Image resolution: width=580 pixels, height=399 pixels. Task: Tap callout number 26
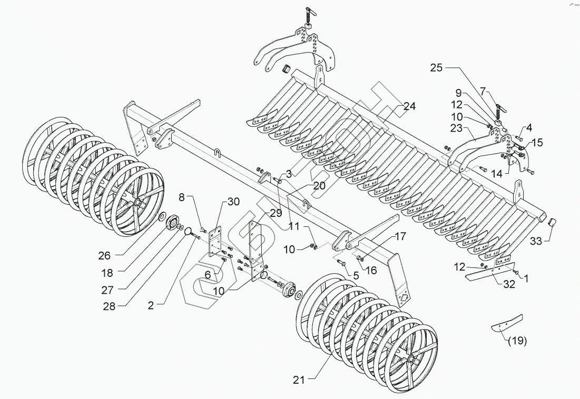(104, 256)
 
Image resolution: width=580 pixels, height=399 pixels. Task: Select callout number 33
(536, 242)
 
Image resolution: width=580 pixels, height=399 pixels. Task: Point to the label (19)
(517, 340)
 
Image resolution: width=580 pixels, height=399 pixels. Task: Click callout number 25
(437, 68)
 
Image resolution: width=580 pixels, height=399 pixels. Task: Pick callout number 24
(410, 106)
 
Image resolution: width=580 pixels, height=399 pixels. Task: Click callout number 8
(182, 198)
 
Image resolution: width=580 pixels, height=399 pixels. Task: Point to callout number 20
(320, 185)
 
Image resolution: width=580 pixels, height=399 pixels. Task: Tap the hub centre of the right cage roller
(410, 359)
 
